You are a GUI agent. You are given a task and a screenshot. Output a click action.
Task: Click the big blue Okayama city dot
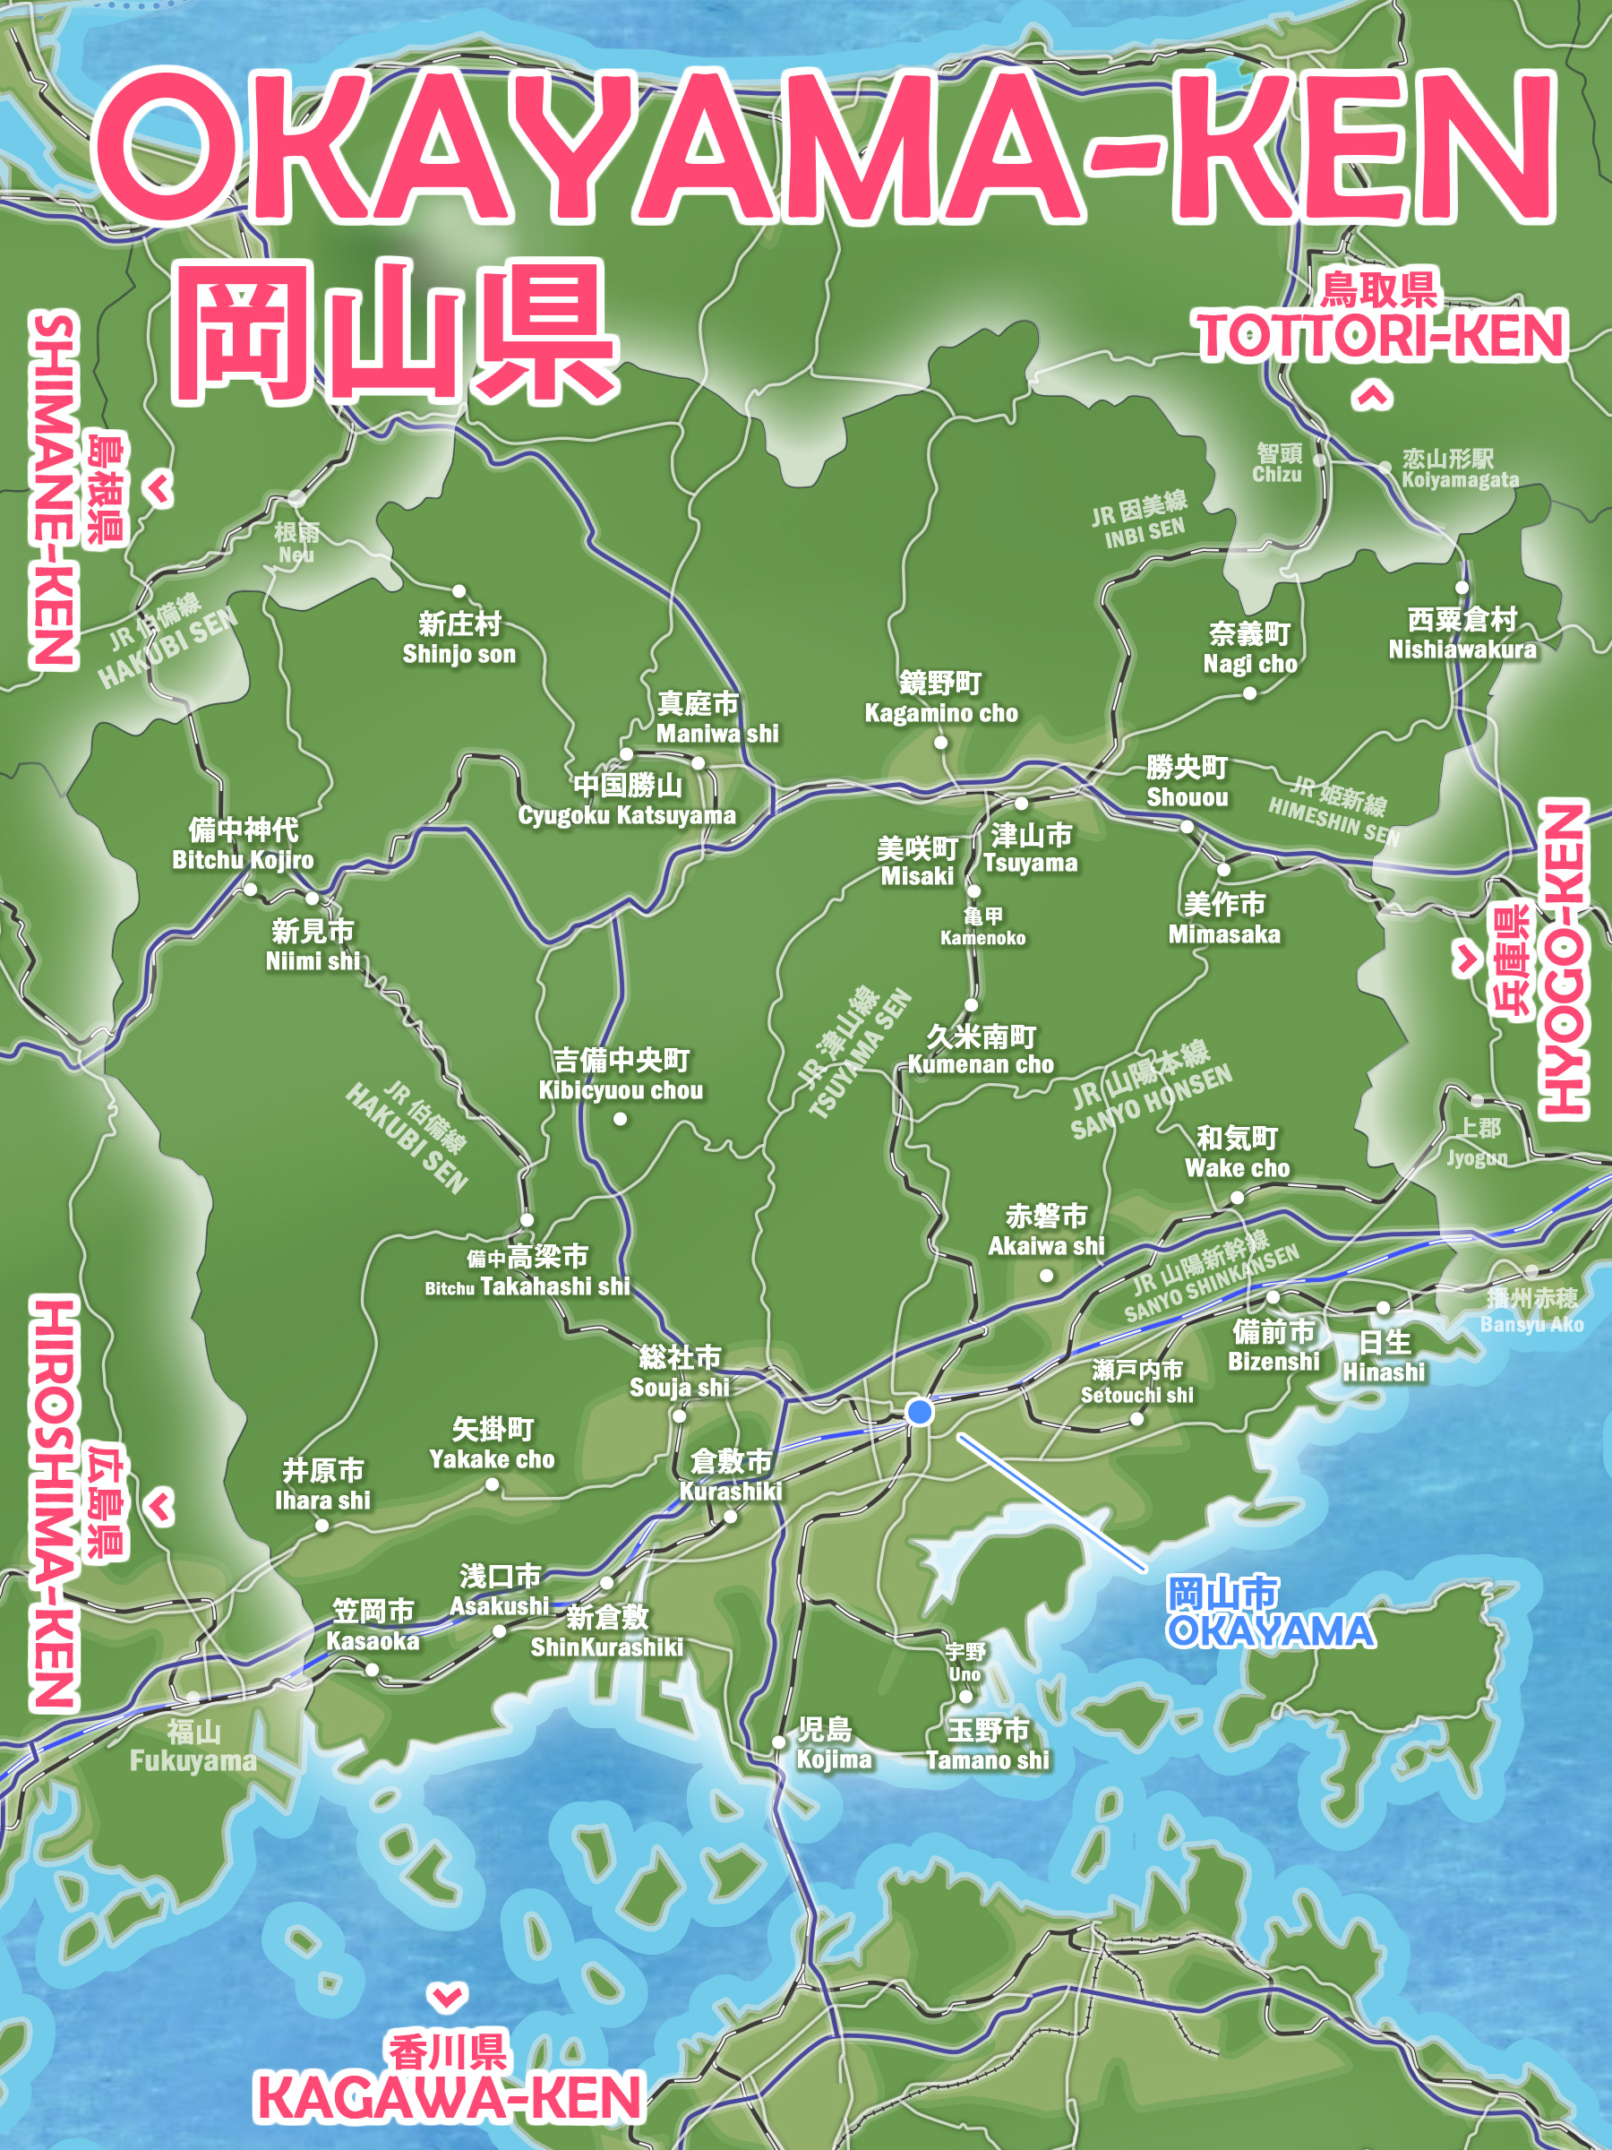(919, 1410)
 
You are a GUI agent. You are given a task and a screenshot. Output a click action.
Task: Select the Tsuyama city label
(1031, 848)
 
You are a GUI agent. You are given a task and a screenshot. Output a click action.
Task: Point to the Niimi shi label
(313, 946)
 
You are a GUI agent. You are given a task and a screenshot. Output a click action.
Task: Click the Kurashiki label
(731, 1475)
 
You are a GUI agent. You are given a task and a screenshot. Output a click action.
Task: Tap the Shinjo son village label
(459, 639)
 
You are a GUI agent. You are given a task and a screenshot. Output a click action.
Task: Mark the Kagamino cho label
(940, 698)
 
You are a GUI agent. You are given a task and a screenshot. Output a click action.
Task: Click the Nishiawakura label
(1462, 633)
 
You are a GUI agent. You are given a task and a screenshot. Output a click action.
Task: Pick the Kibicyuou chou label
(621, 1075)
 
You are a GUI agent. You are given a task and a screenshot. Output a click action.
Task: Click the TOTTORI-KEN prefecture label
(1381, 335)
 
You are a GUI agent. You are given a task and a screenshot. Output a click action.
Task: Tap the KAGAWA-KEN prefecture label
(448, 2097)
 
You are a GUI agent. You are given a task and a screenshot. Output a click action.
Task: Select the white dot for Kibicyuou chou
(620, 1119)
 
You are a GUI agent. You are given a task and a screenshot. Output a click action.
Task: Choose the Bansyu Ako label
(1531, 1311)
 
